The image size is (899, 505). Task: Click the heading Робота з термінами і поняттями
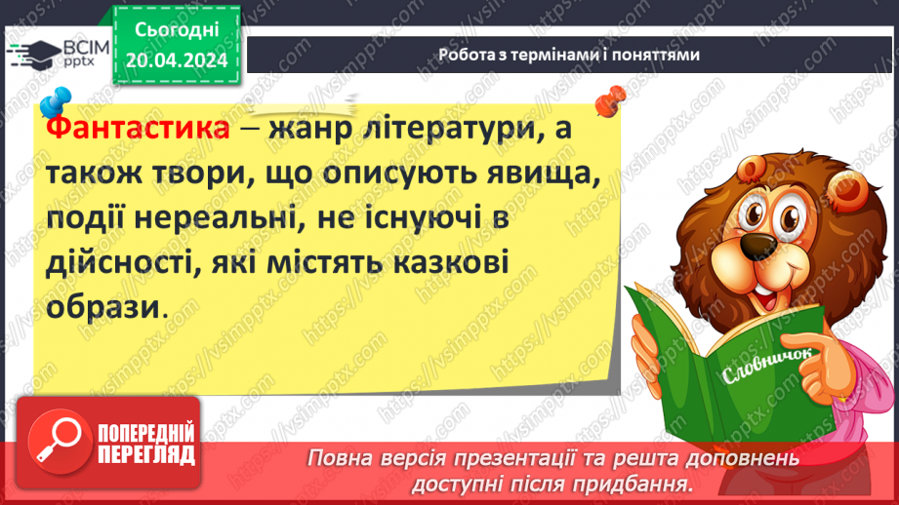[569, 55]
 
